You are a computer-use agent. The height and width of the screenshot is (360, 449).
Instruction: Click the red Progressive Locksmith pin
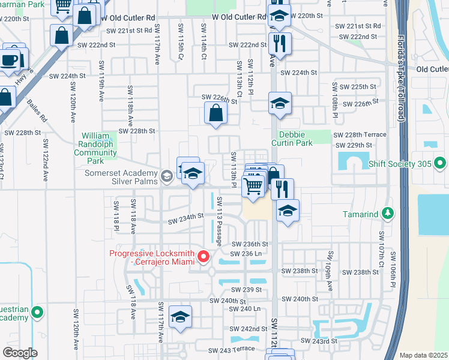pyautogui.click(x=203, y=257)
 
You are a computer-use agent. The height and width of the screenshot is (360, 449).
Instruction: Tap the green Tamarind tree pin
pyautogui.click(x=388, y=214)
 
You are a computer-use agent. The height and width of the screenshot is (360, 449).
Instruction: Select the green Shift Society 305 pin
pyautogui.click(x=440, y=163)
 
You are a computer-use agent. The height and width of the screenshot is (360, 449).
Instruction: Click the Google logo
pyautogui.click(x=20, y=352)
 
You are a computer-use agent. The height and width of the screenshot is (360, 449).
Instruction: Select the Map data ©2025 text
pyautogui.click(x=423, y=355)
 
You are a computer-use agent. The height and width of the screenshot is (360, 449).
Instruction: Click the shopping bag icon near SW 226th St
pyautogui.click(x=215, y=113)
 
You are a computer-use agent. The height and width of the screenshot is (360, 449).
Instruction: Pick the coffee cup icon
pyautogui.click(x=10, y=60)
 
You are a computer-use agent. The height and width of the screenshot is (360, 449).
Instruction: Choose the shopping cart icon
pyautogui.click(x=253, y=186)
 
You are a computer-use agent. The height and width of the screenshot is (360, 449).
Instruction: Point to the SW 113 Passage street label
pyautogui.click(x=220, y=221)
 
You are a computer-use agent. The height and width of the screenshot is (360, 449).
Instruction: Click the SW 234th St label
pyautogui.click(x=187, y=220)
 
